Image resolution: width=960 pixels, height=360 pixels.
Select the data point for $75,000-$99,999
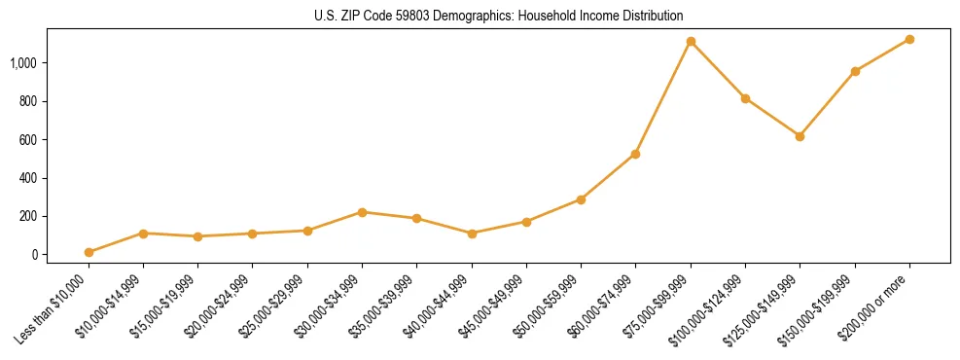[691, 42]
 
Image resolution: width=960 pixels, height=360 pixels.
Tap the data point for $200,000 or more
[909, 39]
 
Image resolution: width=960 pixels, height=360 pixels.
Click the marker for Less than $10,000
[89, 252]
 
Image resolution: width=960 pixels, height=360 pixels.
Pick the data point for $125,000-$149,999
[800, 136]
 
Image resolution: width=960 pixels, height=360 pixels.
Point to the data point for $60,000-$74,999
[635, 154]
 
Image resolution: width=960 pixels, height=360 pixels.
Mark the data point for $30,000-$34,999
[362, 212]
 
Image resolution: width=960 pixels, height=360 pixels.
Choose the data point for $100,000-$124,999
[745, 98]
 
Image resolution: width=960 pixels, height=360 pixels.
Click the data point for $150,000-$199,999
[855, 71]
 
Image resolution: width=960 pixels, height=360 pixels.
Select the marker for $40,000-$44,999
[472, 234]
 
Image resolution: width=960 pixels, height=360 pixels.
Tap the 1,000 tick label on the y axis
[23, 63]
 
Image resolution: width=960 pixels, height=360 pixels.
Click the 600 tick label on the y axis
[28, 140]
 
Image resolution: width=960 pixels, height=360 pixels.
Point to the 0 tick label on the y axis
[33, 255]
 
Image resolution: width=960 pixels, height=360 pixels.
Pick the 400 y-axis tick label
[28, 178]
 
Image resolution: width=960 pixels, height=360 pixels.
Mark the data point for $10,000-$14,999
[143, 234]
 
